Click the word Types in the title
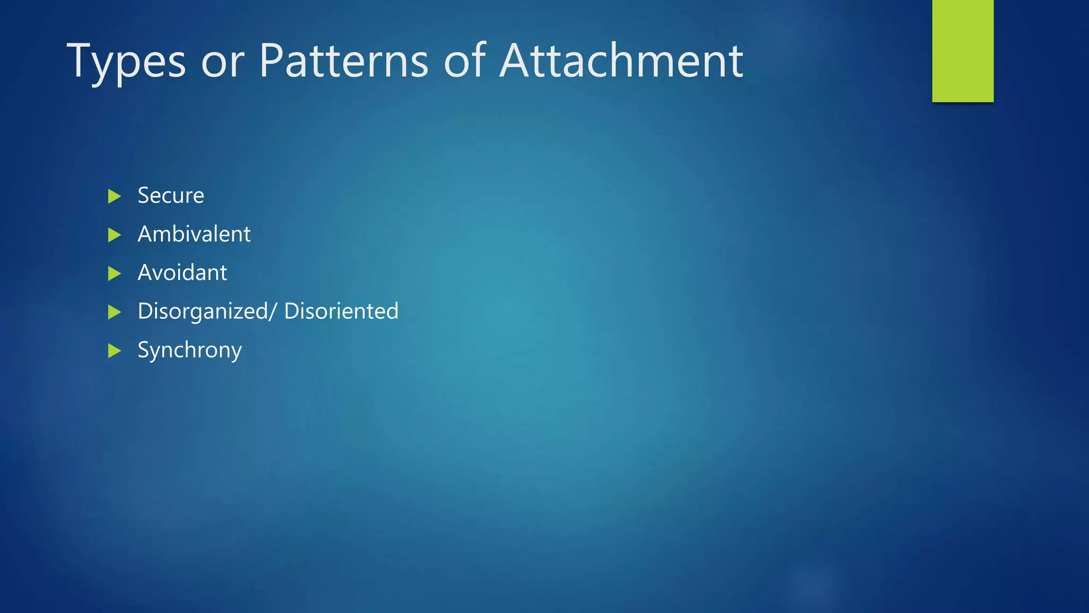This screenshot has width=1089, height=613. (x=126, y=63)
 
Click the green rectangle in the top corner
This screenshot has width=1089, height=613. (x=962, y=51)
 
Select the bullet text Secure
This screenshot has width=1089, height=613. (x=171, y=196)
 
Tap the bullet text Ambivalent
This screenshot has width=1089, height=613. (x=194, y=234)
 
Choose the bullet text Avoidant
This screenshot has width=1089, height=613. (x=182, y=273)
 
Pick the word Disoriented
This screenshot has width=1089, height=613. (x=341, y=311)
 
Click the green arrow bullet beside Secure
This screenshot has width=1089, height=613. (x=114, y=196)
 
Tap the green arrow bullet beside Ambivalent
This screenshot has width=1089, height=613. (x=114, y=235)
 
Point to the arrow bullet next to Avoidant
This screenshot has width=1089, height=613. (x=114, y=274)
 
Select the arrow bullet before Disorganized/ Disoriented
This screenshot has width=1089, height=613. (x=114, y=312)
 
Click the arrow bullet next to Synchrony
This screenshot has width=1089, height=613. (x=114, y=351)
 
